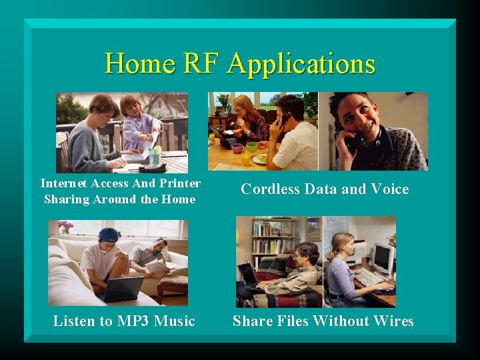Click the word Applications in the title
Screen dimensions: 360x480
click(x=301, y=65)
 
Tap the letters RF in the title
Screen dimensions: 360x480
click(x=200, y=64)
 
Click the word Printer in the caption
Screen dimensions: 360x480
click(x=180, y=183)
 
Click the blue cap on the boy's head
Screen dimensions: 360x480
click(x=108, y=234)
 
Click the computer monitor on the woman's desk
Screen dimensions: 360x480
click(x=383, y=259)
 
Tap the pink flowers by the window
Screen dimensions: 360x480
click(x=65, y=226)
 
